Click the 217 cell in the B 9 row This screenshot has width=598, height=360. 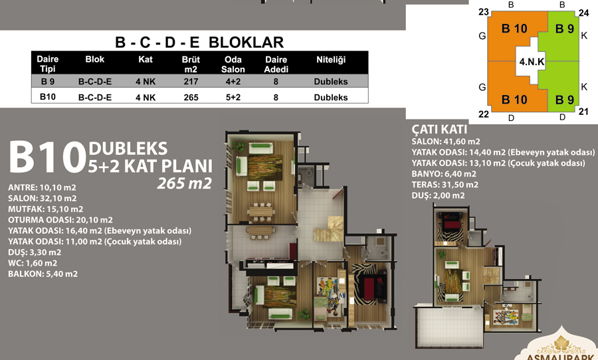coord(191,81)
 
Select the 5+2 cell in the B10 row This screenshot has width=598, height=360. coord(233,97)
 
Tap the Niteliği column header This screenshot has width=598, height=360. coord(331,60)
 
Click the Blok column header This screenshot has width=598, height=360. coord(94,59)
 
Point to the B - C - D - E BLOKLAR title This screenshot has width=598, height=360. coord(199,42)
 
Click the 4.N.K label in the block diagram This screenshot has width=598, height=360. coord(532,61)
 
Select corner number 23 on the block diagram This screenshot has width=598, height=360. coord(484,12)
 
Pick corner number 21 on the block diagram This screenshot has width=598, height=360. coord(583,112)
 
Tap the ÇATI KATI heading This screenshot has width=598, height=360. coord(439,130)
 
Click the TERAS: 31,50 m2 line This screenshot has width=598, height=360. coord(445,185)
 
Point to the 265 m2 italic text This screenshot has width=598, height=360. coord(184,183)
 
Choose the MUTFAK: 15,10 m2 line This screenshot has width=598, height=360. coord(45,209)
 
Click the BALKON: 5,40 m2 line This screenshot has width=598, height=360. coord(43,274)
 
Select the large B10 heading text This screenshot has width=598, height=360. coord(47,157)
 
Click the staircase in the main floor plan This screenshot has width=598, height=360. coord(328,228)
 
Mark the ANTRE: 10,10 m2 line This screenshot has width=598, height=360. coord(42,187)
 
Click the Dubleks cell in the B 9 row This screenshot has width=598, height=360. coord(331,82)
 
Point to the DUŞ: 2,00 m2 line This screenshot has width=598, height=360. coord(439,196)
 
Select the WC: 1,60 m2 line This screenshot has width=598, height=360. coord(33,263)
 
